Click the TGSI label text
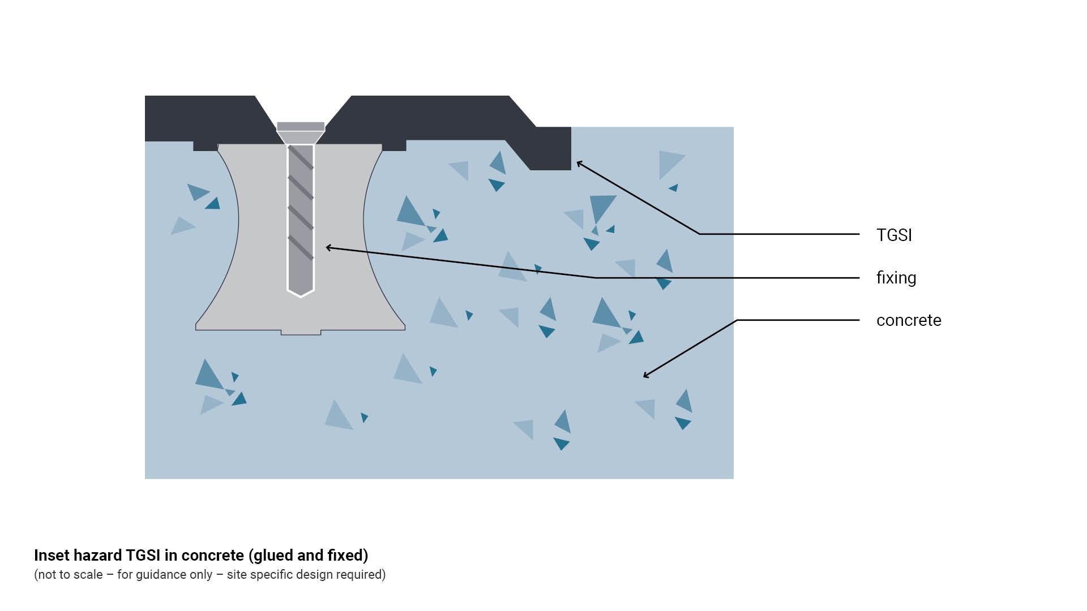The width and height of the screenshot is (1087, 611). (x=894, y=235)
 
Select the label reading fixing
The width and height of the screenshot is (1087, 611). (x=896, y=278)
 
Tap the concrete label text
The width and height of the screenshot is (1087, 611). (x=909, y=320)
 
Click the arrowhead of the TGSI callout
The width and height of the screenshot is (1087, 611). (x=578, y=163)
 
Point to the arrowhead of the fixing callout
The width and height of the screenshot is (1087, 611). (x=327, y=247)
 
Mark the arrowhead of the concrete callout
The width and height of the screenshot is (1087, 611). (x=645, y=376)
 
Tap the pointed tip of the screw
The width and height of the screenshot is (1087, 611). (x=301, y=294)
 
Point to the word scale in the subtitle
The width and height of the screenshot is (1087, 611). (x=87, y=575)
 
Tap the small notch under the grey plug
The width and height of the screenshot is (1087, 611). (x=301, y=332)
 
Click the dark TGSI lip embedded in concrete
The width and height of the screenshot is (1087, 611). (x=550, y=150)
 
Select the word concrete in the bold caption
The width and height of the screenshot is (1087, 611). (x=212, y=556)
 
